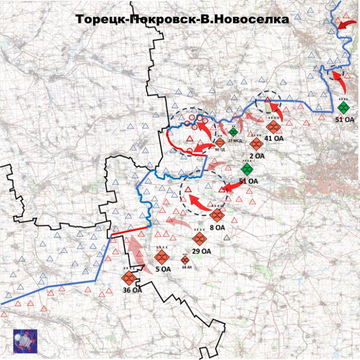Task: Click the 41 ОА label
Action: [x=274, y=139]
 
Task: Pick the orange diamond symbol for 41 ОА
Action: [x=273, y=128]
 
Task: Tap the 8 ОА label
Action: [x=217, y=227]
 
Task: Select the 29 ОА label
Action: [x=202, y=251]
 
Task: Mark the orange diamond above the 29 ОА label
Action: [x=199, y=239]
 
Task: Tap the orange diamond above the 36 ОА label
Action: [x=129, y=278]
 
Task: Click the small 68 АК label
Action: [x=187, y=267]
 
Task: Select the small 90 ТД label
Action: [x=220, y=149]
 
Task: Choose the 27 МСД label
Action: [x=235, y=141]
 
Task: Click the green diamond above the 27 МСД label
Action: [x=233, y=132]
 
